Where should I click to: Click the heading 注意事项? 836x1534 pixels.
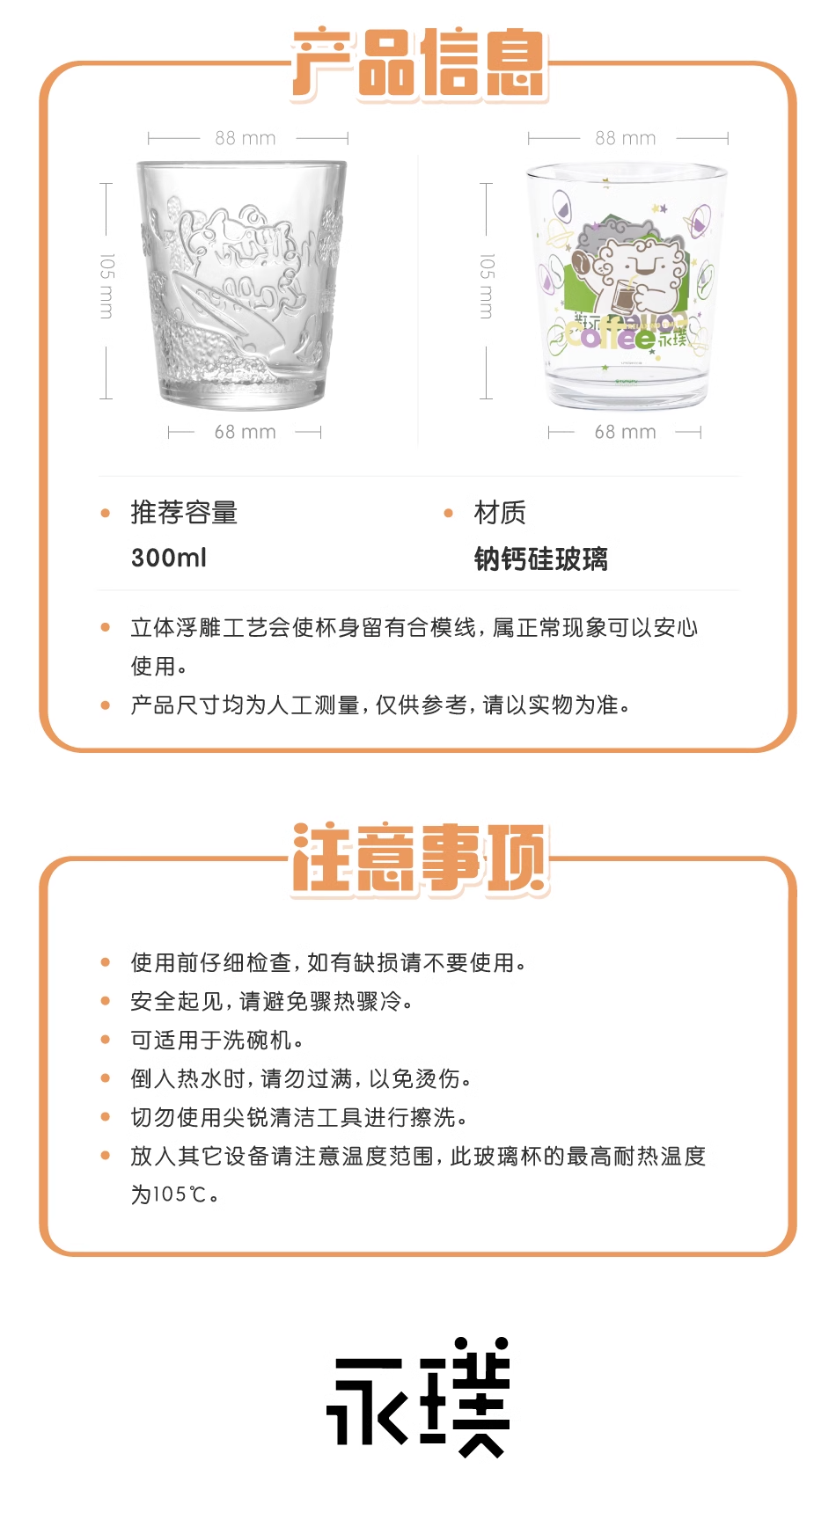[420, 859]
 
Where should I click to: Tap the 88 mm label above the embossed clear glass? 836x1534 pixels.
[246, 138]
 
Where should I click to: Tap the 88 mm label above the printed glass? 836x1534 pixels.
[626, 138]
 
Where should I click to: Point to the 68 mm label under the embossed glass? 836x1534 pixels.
[246, 432]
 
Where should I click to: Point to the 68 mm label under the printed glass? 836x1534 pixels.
[626, 432]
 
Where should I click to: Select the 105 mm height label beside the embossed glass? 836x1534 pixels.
[106, 286]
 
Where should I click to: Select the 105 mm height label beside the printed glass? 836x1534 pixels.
[487, 286]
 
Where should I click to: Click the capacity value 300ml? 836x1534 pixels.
[169, 558]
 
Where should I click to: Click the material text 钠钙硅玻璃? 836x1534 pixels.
[541, 559]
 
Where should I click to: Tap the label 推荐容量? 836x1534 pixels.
[185, 512]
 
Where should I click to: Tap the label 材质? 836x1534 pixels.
[500, 512]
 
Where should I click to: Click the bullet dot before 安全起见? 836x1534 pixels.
[106, 1001]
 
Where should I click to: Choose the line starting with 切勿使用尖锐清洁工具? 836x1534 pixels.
[299, 1117]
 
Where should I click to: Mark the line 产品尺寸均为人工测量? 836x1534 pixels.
[380, 705]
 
